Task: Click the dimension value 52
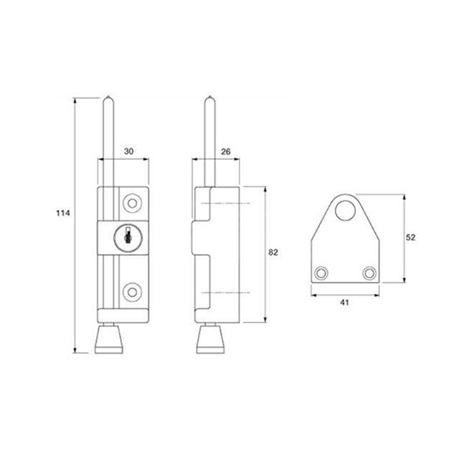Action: coord(412,237)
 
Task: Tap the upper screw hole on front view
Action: coord(131,204)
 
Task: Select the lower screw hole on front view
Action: coord(131,290)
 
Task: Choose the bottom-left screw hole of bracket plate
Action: coord(321,273)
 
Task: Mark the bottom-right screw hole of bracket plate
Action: coord(369,273)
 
